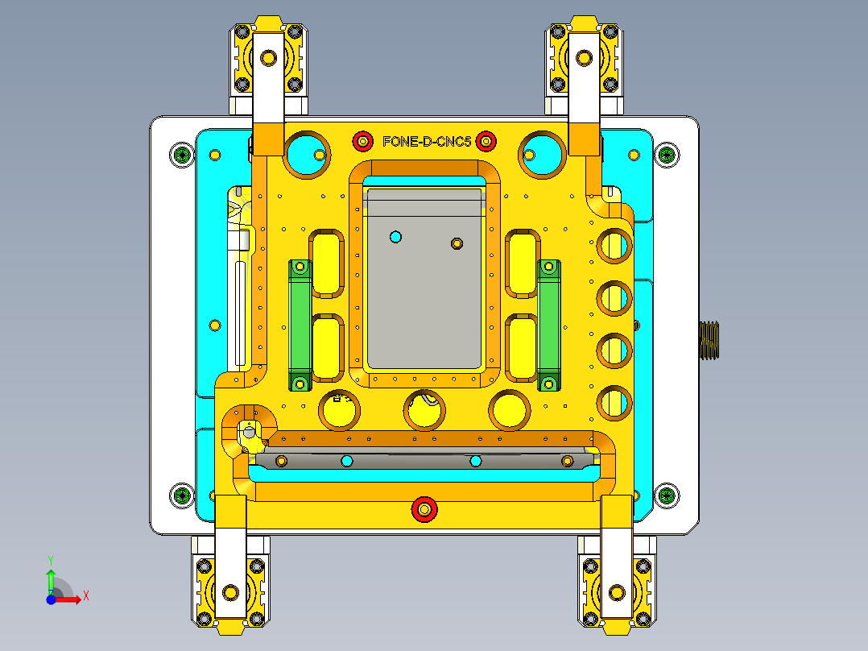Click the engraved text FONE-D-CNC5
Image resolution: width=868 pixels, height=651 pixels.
point(426,142)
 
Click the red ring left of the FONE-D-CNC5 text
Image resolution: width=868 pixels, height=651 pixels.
point(363,142)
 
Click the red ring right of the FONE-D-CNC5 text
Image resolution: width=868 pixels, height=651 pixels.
point(486,142)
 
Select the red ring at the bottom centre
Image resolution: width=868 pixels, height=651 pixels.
point(424,509)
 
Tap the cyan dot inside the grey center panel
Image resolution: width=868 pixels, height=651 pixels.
point(395,236)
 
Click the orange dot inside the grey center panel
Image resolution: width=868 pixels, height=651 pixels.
point(457,243)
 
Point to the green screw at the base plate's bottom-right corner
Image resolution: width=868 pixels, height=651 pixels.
point(666,494)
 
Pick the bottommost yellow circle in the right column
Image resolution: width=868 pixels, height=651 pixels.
point(614,401)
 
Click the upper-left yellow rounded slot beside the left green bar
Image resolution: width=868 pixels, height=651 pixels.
point(327,262)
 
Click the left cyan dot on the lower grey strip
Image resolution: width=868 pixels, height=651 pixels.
point(346,460)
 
